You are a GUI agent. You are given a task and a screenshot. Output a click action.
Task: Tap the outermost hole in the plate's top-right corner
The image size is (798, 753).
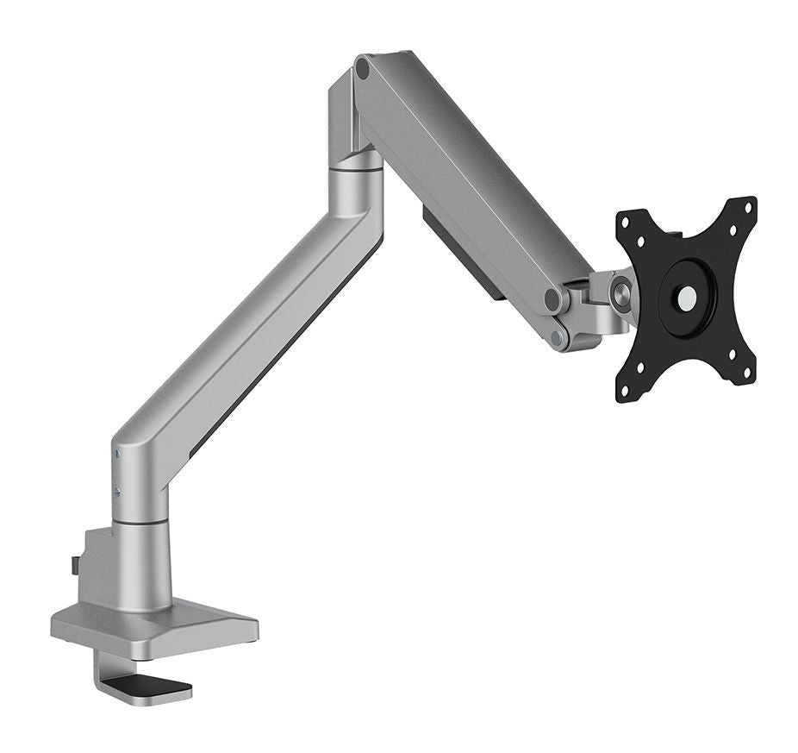(x=747, y=206)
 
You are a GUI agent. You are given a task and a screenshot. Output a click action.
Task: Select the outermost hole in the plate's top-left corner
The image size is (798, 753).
(x=627, y=218)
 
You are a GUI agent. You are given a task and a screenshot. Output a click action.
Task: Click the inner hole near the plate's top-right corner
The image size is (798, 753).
(x=732, y=231)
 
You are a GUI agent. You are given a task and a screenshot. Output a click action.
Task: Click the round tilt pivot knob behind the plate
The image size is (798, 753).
(x=621, y=292)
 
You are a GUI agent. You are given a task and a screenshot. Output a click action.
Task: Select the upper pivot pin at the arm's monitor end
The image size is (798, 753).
(x=552, y=299)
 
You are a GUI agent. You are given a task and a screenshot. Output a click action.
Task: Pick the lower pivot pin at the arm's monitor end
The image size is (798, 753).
(x=558, y=336)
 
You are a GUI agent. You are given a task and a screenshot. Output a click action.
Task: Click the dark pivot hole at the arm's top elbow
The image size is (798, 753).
(x=363, y=68)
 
